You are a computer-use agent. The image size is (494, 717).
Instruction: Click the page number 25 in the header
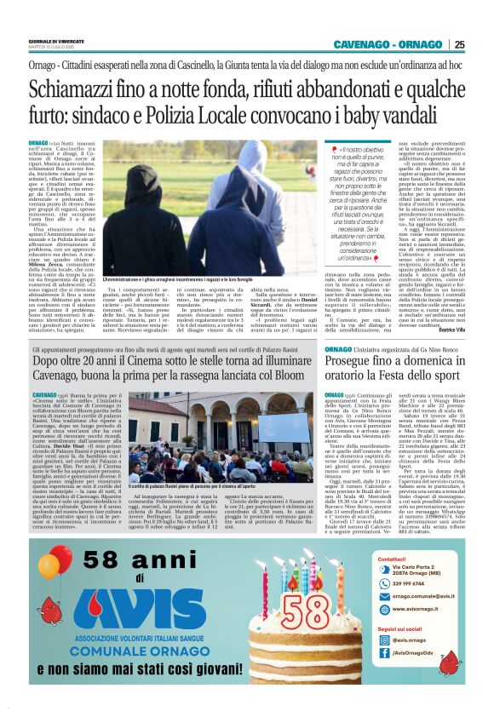459,45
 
